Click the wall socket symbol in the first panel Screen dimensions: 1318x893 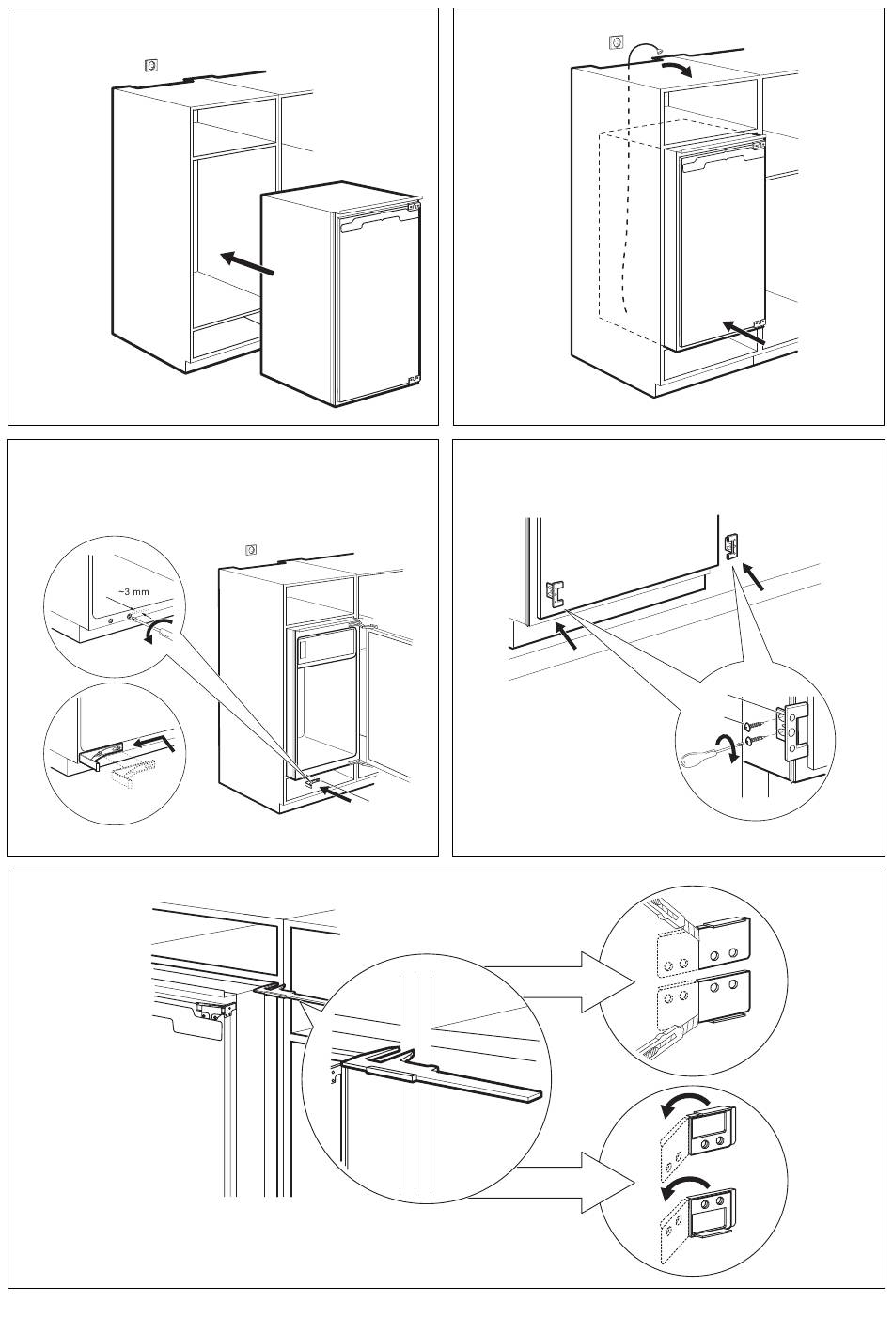pyautogui.click(x=149, y=65)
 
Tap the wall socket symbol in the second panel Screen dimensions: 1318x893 pyautogui.click(x=616, y=41)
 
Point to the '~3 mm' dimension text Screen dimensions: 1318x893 pyautogui.click(x=133, y=591)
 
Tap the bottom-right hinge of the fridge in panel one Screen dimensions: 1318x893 pyautogui.click(x=412, y=380)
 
